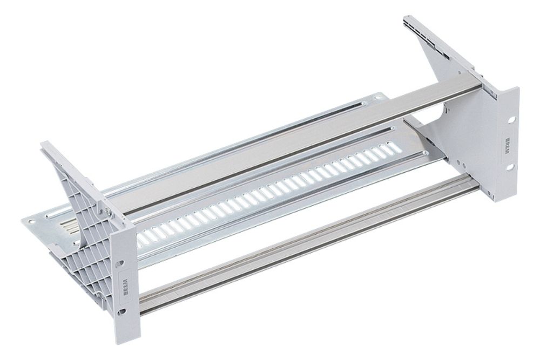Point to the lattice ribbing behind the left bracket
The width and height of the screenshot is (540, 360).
[x=81, y=254]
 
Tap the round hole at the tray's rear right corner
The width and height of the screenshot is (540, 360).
[x=378, y=97]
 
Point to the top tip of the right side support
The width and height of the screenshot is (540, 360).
[x=406, y=19]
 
